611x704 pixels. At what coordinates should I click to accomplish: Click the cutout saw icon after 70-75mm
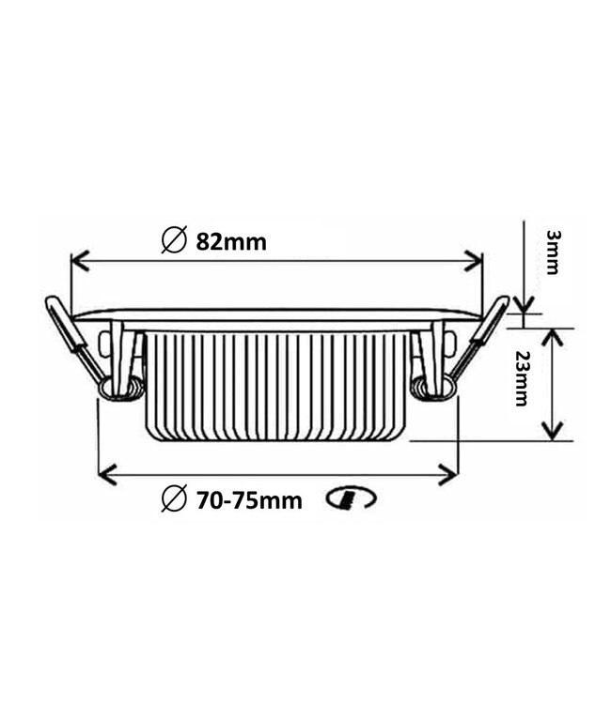(x=351, y=497)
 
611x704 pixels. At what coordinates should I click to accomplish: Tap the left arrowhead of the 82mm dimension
(x=78, y=261)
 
